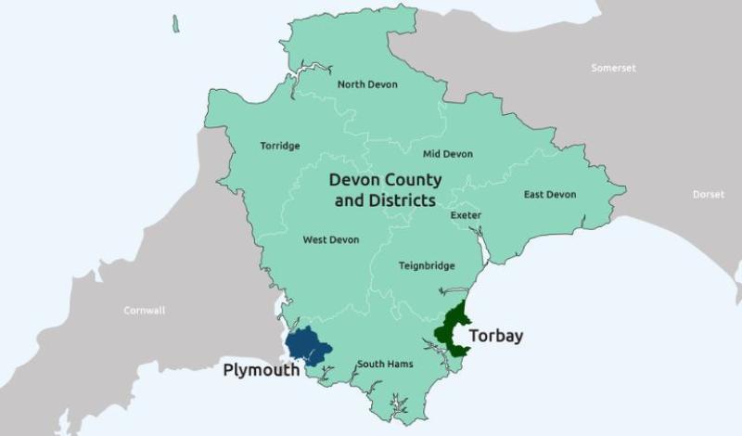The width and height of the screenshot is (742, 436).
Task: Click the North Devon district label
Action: coord(367,84)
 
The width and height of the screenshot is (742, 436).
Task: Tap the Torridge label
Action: coord(279,146)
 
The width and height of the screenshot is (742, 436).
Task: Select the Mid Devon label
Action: coord(447,154)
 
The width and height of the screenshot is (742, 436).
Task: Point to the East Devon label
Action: coord(549,195)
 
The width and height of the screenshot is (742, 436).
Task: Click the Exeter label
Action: coord(466,216)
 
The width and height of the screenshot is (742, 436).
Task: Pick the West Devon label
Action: coord(330,240)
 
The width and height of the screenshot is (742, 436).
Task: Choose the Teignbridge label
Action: coord(427,266)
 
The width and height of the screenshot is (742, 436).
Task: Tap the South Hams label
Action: coord(385,364)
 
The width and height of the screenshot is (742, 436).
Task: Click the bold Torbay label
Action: coord(495,336)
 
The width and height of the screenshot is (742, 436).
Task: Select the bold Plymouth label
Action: coord(262,370)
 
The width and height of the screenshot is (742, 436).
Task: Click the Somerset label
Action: coord(614,68)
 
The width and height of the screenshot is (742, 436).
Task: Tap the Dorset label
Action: coord(709,195)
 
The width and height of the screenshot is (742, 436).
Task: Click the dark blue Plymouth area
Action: coord(306,346)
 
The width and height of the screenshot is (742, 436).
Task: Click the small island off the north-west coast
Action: coord(175,23)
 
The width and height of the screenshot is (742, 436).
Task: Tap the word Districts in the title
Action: coord(401,200)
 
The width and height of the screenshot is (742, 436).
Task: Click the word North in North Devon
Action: coord(352,84)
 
